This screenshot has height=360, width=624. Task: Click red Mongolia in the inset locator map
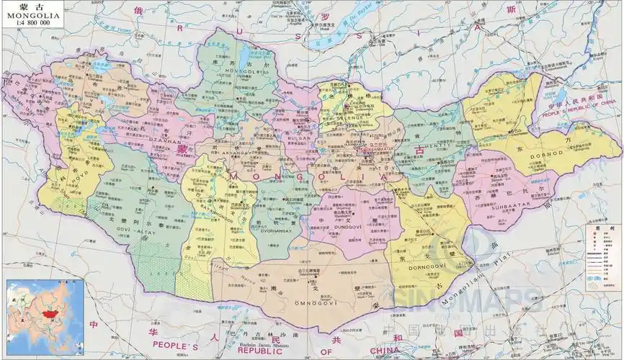[48, 315]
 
